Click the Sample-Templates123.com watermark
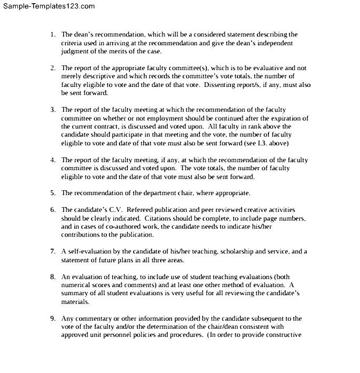48,6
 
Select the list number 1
53,35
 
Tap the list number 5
53,193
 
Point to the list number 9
53,318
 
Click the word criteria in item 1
72,43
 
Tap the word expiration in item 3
285,118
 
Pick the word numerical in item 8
78,285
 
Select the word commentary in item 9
95,318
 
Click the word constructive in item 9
283,335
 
